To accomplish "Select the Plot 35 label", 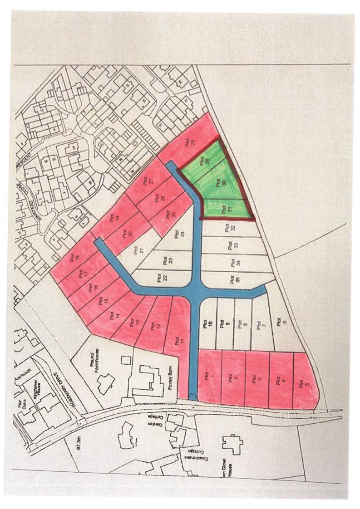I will pyautogui.click(x=233, y=278).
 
